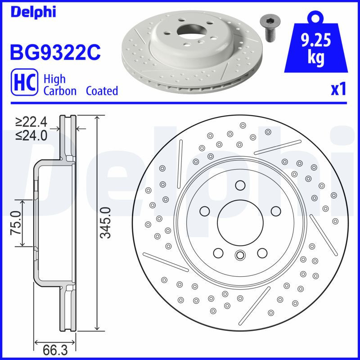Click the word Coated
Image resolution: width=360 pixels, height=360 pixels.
[x=102, y=91]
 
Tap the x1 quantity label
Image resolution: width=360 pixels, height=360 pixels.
[x=338, y=90]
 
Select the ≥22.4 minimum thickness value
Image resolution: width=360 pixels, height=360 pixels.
[x=31, y=122]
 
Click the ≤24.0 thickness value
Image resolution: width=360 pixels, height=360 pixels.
[x=31, y=135]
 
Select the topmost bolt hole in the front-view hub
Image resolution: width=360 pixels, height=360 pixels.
[x=239, y=185]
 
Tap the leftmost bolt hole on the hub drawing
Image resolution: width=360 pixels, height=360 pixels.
[x=205, y=211]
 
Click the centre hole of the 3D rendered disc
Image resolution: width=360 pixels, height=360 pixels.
[x=191, y=29]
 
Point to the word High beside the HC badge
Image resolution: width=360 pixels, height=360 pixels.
[x=54, y=79]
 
